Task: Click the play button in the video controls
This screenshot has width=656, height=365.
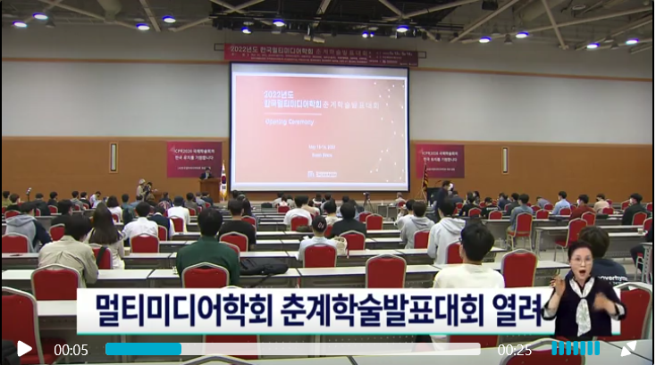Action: [x=24, y=349]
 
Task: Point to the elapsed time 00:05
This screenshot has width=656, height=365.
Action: [x=71, y=350]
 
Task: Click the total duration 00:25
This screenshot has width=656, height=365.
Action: [x=515, y=350]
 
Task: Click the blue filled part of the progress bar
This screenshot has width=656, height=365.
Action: [x=143, y=349]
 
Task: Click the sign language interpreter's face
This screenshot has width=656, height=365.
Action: [x=580, y=261]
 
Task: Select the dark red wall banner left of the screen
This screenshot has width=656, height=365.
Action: [x=194, y=159]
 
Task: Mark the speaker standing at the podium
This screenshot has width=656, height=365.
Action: [x=206, y=174]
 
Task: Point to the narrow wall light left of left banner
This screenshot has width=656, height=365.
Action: [x=114, y=157]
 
